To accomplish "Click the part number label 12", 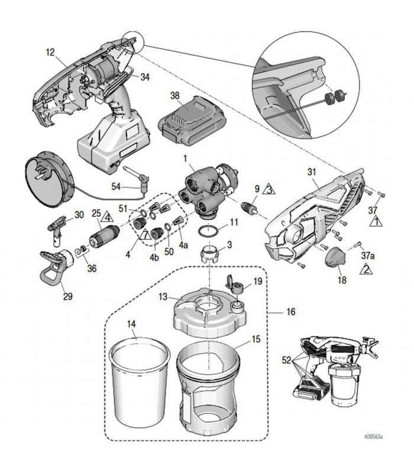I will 49,52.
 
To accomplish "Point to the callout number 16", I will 290,311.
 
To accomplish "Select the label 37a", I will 368,255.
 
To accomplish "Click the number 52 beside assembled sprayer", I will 287,360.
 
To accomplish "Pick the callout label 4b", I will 154,258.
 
